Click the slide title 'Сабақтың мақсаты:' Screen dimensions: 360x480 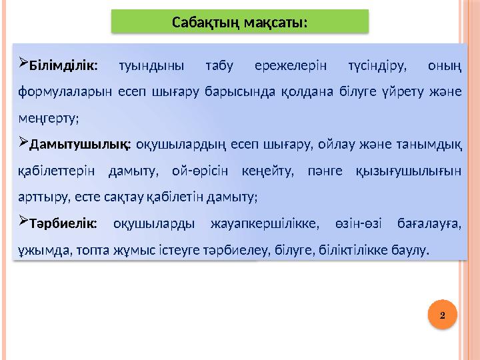coord(239,22)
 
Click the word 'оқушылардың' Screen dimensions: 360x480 coord(175,145)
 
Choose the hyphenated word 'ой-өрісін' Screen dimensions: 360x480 coord(200,171)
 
